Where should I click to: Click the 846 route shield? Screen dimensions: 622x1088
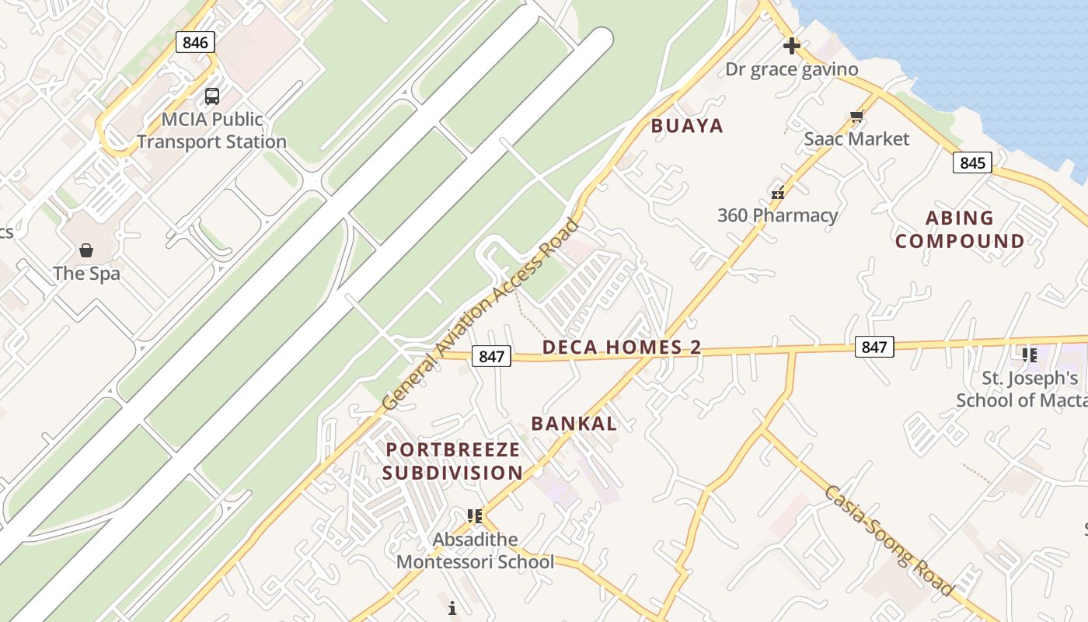(x=195, y=42)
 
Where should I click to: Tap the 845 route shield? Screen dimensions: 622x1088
(x=972, y=162)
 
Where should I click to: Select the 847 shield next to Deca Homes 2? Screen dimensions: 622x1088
(x=491, y=356)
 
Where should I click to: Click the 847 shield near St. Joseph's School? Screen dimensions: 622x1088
(x=874, y=347)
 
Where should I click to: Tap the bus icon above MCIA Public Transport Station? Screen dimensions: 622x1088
(x=212, y=96)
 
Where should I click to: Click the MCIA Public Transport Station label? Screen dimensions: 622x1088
(x=212, y=131)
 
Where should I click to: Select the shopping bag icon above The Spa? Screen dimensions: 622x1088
(x=86, y=250)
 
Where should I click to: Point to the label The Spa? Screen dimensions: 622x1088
(x=86, y=274)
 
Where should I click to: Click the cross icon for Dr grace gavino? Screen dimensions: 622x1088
(x=792, y=46)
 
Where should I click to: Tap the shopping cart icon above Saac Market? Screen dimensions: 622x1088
(x=856, y=117)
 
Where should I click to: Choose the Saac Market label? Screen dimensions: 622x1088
(x=856, y=139)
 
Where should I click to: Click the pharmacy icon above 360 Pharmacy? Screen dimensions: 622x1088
(x=778, y=191)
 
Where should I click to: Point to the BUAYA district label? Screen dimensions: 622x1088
(x=687, y=126)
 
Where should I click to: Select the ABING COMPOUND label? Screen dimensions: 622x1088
(x=960, y=229)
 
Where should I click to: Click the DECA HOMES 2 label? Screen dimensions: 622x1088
(x=622, y=348)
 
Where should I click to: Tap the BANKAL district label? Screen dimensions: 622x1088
(x=574, y=424)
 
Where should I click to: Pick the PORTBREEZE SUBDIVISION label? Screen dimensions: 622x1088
(x=452, y=461)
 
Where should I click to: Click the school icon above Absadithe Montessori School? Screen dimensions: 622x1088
(x=475, y=515)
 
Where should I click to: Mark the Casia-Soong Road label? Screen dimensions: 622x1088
(x=888, y=540)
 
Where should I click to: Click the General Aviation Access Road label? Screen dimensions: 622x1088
(x=482, y=314)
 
